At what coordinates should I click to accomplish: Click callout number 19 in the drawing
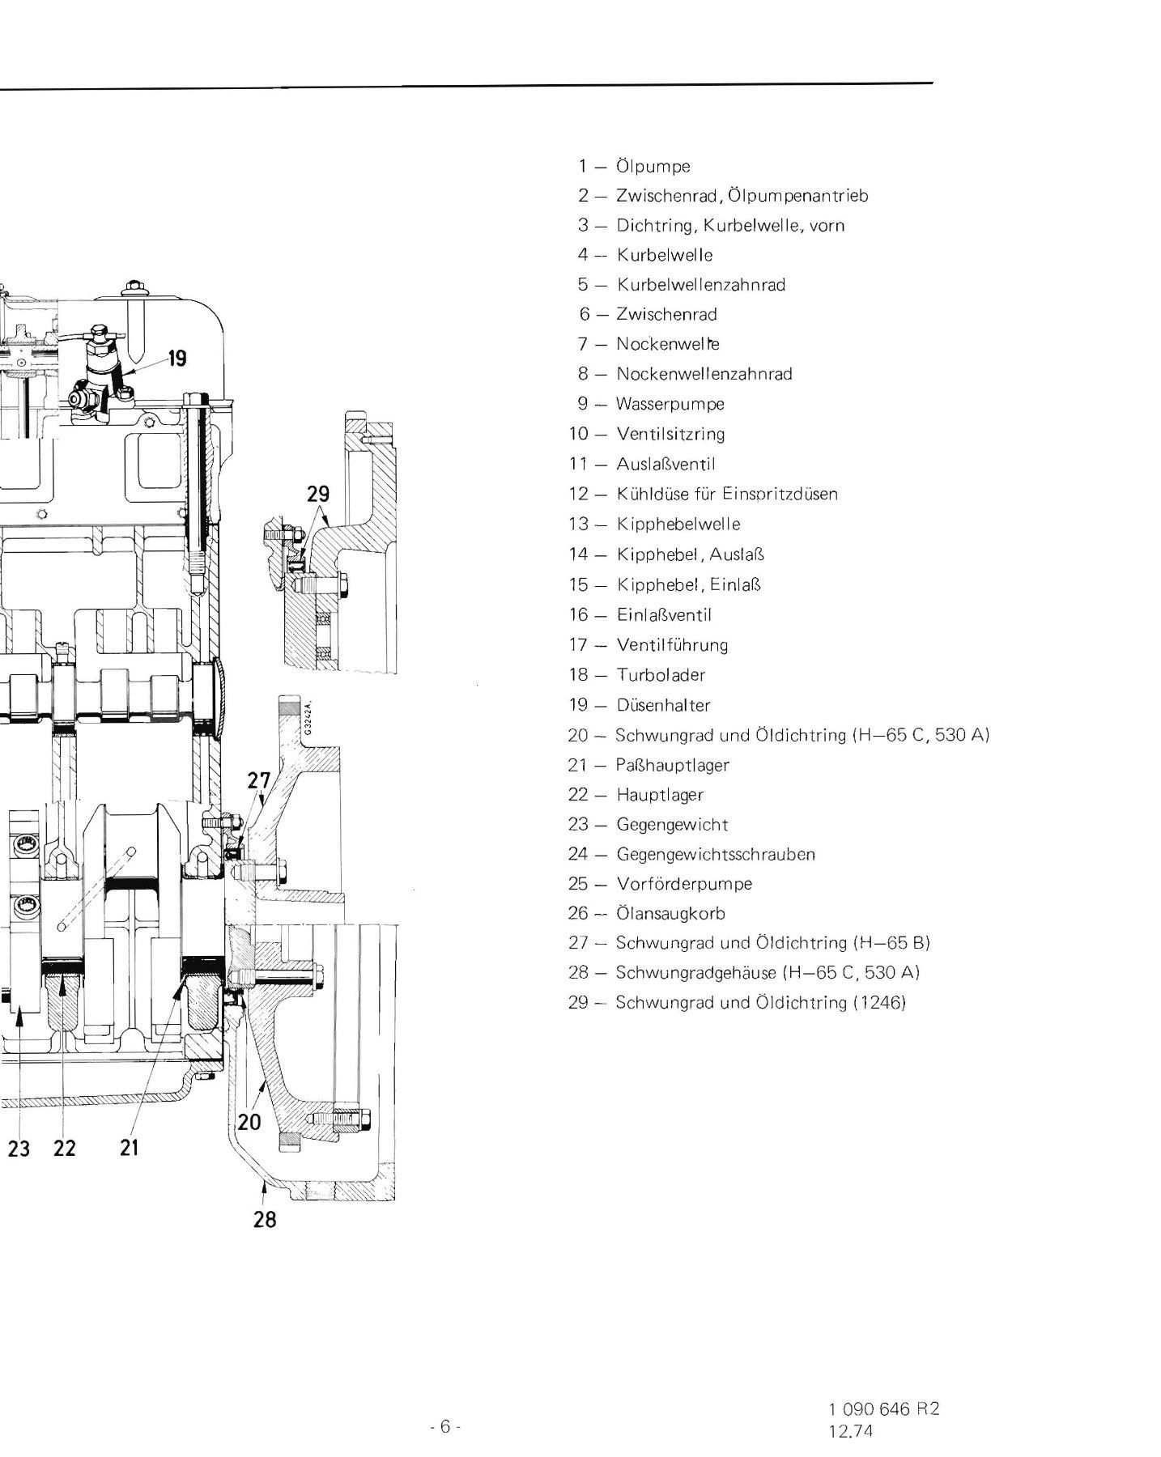(177, 357)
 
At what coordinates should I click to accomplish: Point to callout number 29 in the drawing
(319, 493)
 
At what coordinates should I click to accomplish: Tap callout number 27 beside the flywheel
(259, 780)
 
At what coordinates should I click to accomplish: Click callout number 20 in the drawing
(249, 1121)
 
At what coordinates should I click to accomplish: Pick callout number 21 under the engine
(130, 1147)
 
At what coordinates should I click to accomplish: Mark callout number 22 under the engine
(64, 1147)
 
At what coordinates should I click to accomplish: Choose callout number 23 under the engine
(19, 1147)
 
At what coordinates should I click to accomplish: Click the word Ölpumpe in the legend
(653, 167)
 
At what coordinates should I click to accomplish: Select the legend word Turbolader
(661, 675)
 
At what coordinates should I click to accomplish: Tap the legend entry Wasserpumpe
(670, 404)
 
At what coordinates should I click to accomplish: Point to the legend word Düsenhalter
(663, 705)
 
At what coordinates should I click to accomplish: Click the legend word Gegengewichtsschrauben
(716, 854)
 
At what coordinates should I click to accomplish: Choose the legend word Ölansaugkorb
(670, 913)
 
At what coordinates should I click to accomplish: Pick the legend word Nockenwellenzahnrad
(704, 374)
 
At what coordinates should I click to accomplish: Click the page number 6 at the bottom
(444, 1398)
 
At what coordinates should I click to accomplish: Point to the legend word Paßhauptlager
(673, 765)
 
